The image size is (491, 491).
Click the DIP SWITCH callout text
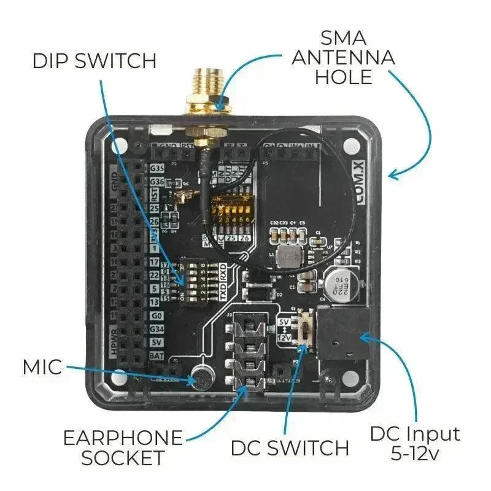click(94, 61)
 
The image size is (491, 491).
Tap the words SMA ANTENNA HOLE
click(342, 58)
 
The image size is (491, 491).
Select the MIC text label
click(42, 367)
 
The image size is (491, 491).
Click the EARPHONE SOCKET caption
click(123, 447)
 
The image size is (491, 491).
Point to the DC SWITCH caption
click(290, 447)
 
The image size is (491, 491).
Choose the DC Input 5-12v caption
click(414, 444)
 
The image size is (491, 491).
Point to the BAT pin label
click(157, 356)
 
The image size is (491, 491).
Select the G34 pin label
click(157, 329)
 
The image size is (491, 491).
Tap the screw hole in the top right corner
click(350, 147)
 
